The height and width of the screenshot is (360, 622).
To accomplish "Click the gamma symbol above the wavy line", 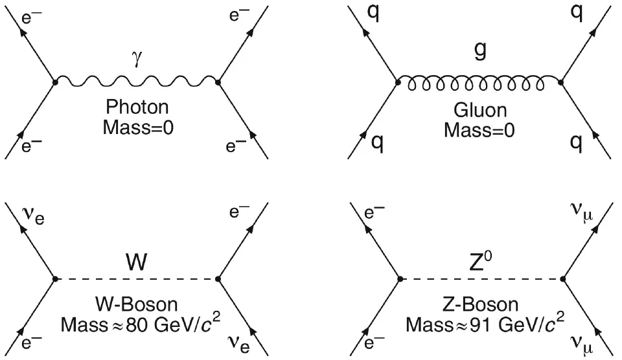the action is (x=137, y=60).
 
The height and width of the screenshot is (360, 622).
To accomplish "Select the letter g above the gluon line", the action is (x=480, y=51).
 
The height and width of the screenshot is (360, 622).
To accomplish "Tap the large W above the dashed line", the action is (x=137, y=262).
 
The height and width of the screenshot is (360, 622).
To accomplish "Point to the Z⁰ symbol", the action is (x=481, y=261).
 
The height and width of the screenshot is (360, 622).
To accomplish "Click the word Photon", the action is (x=137, y=107).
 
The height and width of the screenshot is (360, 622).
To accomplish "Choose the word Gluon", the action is (x=480, y=110).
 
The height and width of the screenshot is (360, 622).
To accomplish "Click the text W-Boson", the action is (x=137, y=304).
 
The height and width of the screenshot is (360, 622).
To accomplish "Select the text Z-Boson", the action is (x=480, y=304).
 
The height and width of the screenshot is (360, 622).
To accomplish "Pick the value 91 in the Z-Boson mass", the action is (x=481, y=325).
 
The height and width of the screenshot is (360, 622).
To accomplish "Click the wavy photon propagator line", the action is (x=137, y=81).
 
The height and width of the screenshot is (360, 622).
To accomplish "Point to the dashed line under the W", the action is (x=137, y=279).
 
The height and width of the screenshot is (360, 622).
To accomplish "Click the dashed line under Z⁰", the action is (x=481, y=279).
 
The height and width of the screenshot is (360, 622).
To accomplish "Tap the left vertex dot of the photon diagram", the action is (x=55, y=82).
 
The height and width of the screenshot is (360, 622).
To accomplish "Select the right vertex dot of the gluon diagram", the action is (x=560, y=82).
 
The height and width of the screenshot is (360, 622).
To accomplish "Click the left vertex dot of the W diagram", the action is (x=55, y=279).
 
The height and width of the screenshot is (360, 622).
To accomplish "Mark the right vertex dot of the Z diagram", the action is (x=563, y=279).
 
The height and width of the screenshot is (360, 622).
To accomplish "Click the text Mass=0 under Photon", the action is (x=138, y=128).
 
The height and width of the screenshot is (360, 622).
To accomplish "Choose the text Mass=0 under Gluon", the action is (x=479, y=130).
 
